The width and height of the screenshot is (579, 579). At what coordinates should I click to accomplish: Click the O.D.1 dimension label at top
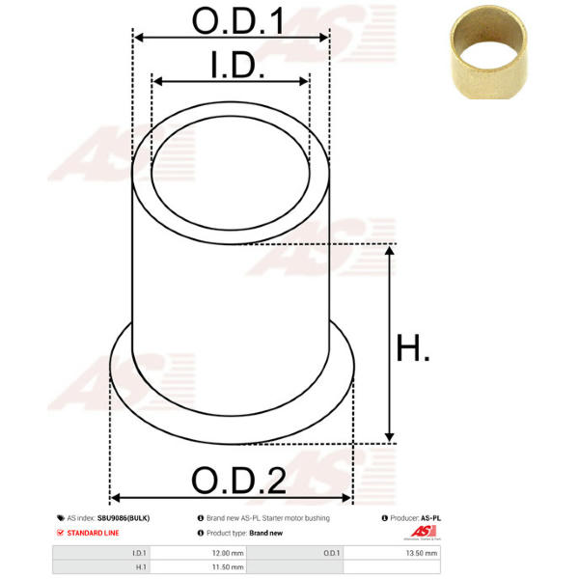coord(238,21)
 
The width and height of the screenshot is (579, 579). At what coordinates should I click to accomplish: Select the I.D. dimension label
coord(237,65)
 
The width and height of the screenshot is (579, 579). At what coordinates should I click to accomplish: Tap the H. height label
coord(412,347)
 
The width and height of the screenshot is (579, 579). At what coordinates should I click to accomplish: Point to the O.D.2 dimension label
coord(239,480)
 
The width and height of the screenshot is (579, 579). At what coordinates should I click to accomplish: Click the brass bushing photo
coord(488,52)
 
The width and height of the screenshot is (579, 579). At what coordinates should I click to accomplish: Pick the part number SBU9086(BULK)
coord(124,518)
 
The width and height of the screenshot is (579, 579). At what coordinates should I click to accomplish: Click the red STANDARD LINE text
coord(93,533)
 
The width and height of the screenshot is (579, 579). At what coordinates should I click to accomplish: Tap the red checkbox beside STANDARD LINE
coord(60,533)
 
